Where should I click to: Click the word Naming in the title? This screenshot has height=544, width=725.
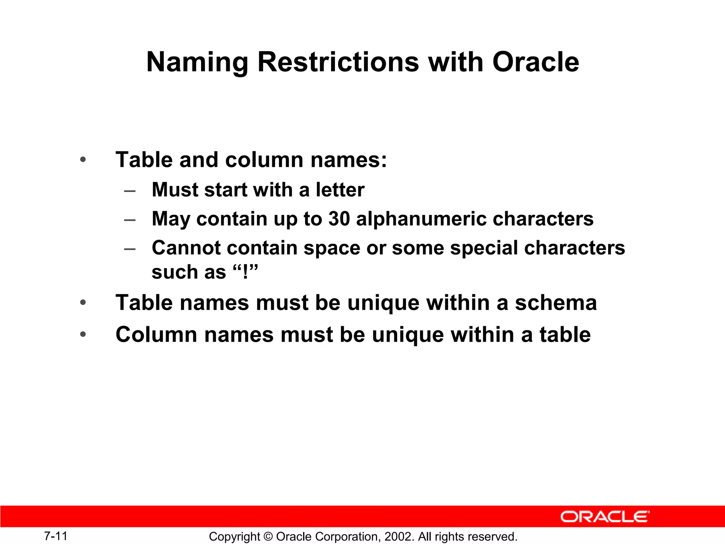pyautogui.click(x=197, y=62)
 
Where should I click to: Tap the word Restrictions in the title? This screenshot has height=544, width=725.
pyautogui.click(x=338, y=62)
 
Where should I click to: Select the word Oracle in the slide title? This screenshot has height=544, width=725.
pyautogui.click(x=536, y=62)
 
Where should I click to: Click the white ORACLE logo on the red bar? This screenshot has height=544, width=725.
pyautogui.click(x=605, y=517)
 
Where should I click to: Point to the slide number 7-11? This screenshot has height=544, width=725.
pyautogui.click(x=56, y=536)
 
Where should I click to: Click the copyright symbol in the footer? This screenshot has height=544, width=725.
pyautogui.click(x=268, y=537)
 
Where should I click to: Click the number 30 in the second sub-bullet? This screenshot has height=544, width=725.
pyautogui.click(x=339, y=219)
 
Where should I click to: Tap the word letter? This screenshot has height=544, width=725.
pyautogui.click(x=340, y=190)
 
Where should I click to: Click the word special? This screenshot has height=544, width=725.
pyautogui.click(x=484, y=248)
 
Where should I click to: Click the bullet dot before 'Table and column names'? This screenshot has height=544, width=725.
pyautogui.click(x=83, y=160)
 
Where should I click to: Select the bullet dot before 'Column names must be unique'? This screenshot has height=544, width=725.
pyautogui.click(x=83, y=334)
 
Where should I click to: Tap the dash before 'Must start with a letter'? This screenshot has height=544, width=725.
pyautogui.click(x=130, y=191)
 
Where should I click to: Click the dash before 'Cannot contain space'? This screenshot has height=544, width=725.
pyautogui.click(x=130, y=249)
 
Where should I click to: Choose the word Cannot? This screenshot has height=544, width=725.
pyautogui.click(x=186, y=248)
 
